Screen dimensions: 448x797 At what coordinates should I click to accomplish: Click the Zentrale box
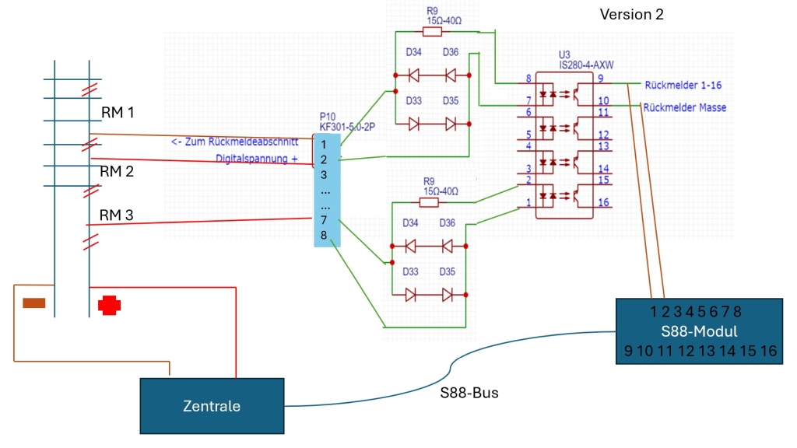coord(212,405)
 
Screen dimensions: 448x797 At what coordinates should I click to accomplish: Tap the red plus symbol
coord(110,305)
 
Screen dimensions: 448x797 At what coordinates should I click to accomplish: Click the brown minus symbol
coord(33,303)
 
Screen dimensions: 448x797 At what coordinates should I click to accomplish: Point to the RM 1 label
coord(118,113)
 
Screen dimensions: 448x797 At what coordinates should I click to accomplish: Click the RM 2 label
coord(117,171)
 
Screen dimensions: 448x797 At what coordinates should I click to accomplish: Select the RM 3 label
coord(116,215)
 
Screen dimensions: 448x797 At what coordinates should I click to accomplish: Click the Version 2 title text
coord(631,15)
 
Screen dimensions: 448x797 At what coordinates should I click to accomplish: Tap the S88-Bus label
coord(469,393)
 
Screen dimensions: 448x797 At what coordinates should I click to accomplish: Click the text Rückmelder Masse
coord(685,107)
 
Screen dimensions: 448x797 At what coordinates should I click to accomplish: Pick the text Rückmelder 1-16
coord(683,85)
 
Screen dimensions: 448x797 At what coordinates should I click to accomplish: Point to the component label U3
coord(564,54)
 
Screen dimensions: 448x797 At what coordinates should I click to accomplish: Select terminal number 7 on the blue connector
coord(323,220)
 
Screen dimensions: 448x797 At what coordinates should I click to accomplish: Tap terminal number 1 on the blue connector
coord(323,144)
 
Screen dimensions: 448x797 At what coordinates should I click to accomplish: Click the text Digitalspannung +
coord(256,159)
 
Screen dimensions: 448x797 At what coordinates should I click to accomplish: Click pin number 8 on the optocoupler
coord(528,79)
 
